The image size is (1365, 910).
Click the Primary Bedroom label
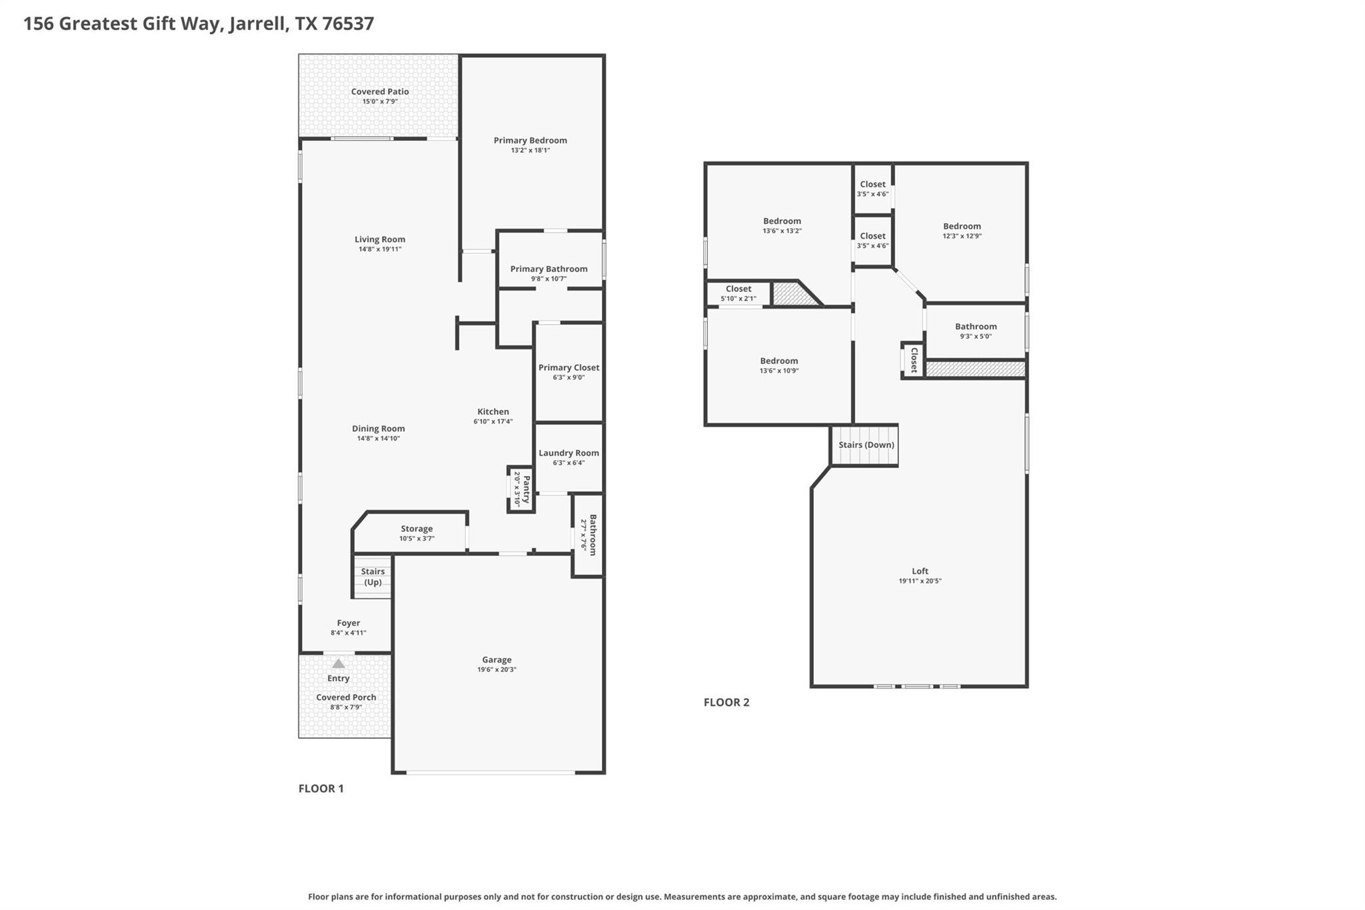530,141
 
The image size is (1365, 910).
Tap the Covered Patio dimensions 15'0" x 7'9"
380,102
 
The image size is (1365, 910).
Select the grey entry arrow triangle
339,664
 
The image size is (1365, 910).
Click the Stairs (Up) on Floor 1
373,577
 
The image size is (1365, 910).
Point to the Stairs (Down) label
866,445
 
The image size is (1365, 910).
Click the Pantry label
526,489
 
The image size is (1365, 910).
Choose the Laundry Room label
569,453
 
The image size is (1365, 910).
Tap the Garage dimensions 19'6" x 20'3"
497,670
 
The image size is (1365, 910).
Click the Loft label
920,571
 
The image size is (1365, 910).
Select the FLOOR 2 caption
726,702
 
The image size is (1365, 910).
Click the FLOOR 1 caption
321,789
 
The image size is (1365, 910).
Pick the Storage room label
417,529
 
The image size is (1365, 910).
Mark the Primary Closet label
569,368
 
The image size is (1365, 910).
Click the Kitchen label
493,412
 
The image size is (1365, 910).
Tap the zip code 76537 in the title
348,24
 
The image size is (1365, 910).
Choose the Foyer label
348,623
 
